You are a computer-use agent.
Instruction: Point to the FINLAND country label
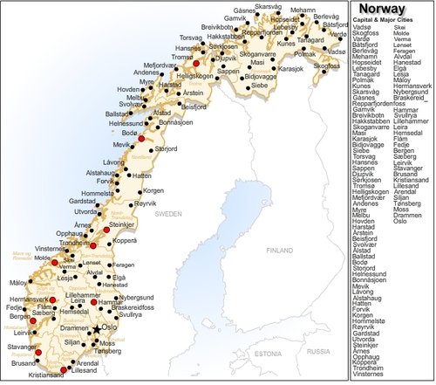point(280,250)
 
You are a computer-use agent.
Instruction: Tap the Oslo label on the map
point(110,327)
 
